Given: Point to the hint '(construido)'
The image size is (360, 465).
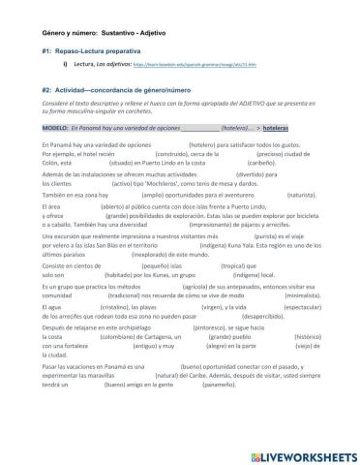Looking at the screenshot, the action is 145,155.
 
